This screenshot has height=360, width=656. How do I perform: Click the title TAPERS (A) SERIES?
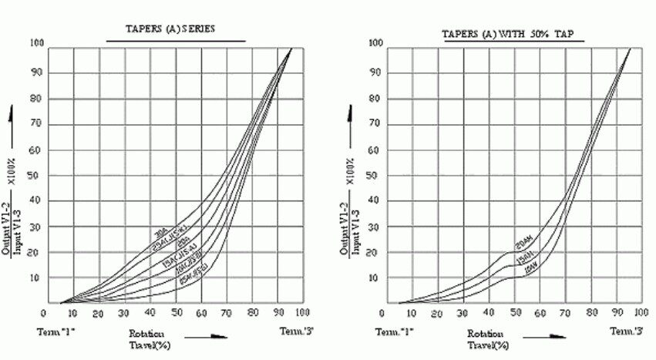tap(170, 30)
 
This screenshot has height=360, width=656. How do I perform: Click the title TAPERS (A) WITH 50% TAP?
tap(512, 34)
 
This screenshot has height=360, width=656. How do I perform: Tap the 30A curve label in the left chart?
tap(161, 231)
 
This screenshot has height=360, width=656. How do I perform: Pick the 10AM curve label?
tap(527, 270)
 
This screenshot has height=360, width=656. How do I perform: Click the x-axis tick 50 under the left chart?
tap(176, 314)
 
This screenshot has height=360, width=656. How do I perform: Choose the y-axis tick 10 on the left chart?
tap(37, 278)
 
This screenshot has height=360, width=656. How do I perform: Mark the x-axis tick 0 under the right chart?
tap(385, 314)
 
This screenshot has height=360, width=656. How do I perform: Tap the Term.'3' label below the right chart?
tap(626, 331)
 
